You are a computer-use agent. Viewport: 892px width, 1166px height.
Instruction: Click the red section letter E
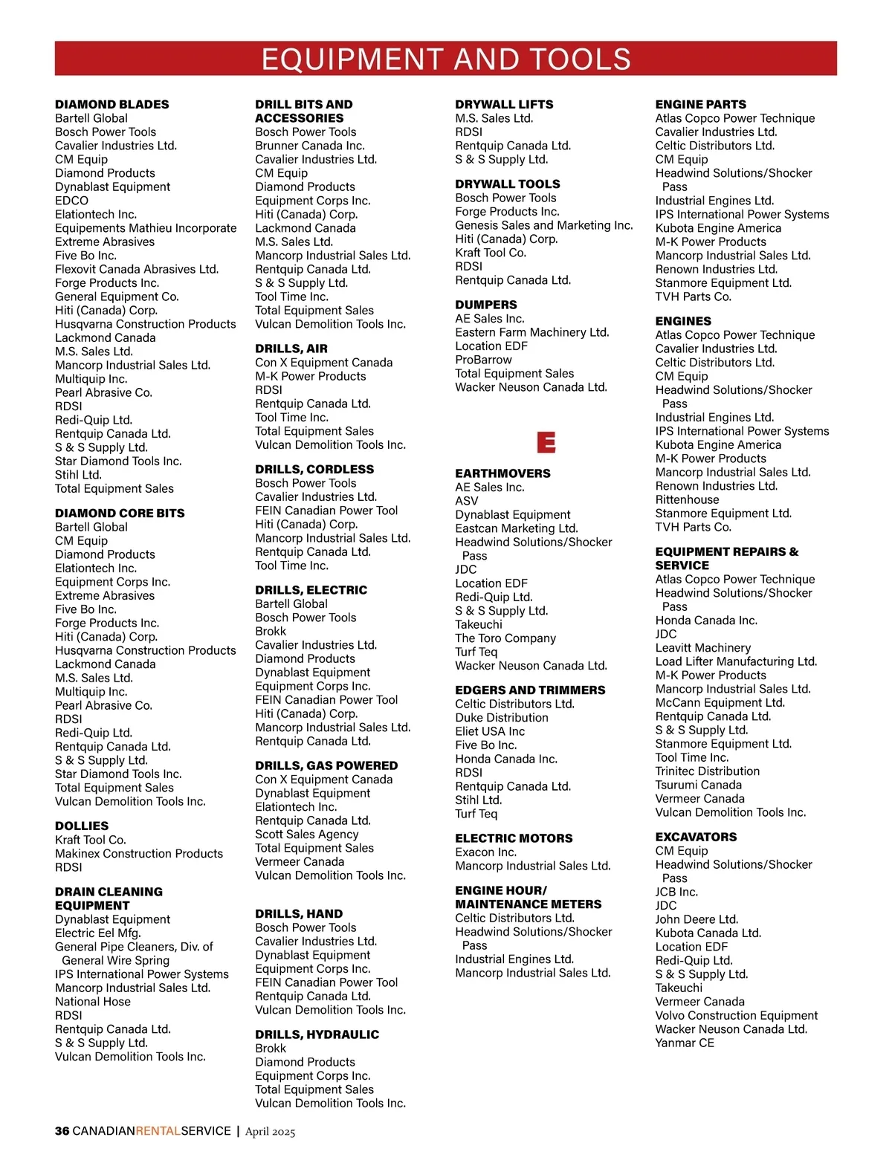point(546,443)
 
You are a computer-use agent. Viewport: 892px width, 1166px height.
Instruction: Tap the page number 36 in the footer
point(62,1131)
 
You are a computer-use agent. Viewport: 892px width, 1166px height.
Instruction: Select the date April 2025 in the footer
point(270,1132)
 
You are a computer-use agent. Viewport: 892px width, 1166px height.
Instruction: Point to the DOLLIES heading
point(82,826)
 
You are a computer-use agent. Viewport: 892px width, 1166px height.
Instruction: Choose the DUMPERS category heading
point(486,305)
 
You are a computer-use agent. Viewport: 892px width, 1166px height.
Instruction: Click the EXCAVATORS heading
point(696,837)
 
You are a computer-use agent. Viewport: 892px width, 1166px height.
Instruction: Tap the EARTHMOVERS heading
point(502,473)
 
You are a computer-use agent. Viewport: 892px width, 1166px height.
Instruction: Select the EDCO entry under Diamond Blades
point(71,201)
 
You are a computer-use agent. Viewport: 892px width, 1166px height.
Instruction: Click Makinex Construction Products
point(139,854)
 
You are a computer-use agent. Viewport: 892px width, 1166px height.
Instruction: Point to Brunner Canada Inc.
point(310,146)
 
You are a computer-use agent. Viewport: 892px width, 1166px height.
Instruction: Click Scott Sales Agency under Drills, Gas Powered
point(307,835)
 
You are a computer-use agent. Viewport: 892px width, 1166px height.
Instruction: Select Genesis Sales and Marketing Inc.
point(544,225)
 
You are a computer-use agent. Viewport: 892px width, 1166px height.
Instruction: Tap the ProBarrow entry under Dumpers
point(483,360)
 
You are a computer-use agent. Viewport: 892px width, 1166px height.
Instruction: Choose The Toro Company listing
point(505,638)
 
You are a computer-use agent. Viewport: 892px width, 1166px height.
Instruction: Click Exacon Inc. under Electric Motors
point(485,852)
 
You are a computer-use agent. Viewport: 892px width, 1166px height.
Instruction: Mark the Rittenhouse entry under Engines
point(687,500)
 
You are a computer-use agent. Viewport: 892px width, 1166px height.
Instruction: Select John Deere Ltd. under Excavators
point(697,919)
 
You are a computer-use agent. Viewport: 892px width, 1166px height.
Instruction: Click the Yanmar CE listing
point(685,1043)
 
